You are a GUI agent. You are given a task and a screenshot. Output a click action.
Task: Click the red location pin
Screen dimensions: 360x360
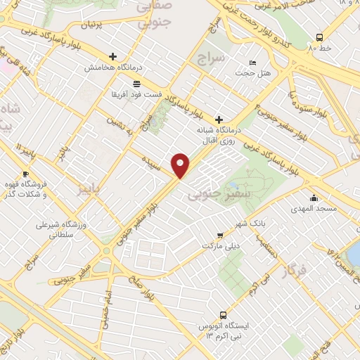(x=181, y=165)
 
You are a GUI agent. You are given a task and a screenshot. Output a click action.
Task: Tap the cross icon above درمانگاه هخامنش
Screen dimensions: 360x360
(x=112, y=57)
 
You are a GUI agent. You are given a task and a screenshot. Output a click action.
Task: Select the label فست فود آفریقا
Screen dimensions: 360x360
(x=137, y=93)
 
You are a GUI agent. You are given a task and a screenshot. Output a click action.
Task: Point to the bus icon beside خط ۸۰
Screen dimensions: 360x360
(x=320, y=37)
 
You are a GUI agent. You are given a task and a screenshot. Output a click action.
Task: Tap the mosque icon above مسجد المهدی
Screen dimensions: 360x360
(x=313, y=198)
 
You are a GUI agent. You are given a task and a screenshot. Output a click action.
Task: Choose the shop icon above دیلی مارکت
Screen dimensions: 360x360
(x=221, y=235)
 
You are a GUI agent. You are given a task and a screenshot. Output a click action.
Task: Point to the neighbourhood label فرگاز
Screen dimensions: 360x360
(x=293, y=269)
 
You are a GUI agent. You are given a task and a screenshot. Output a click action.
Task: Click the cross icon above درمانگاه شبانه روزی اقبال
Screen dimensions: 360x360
(x=219, y=120)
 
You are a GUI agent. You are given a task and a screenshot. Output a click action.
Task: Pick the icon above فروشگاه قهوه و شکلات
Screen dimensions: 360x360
(x=26, y=174)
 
